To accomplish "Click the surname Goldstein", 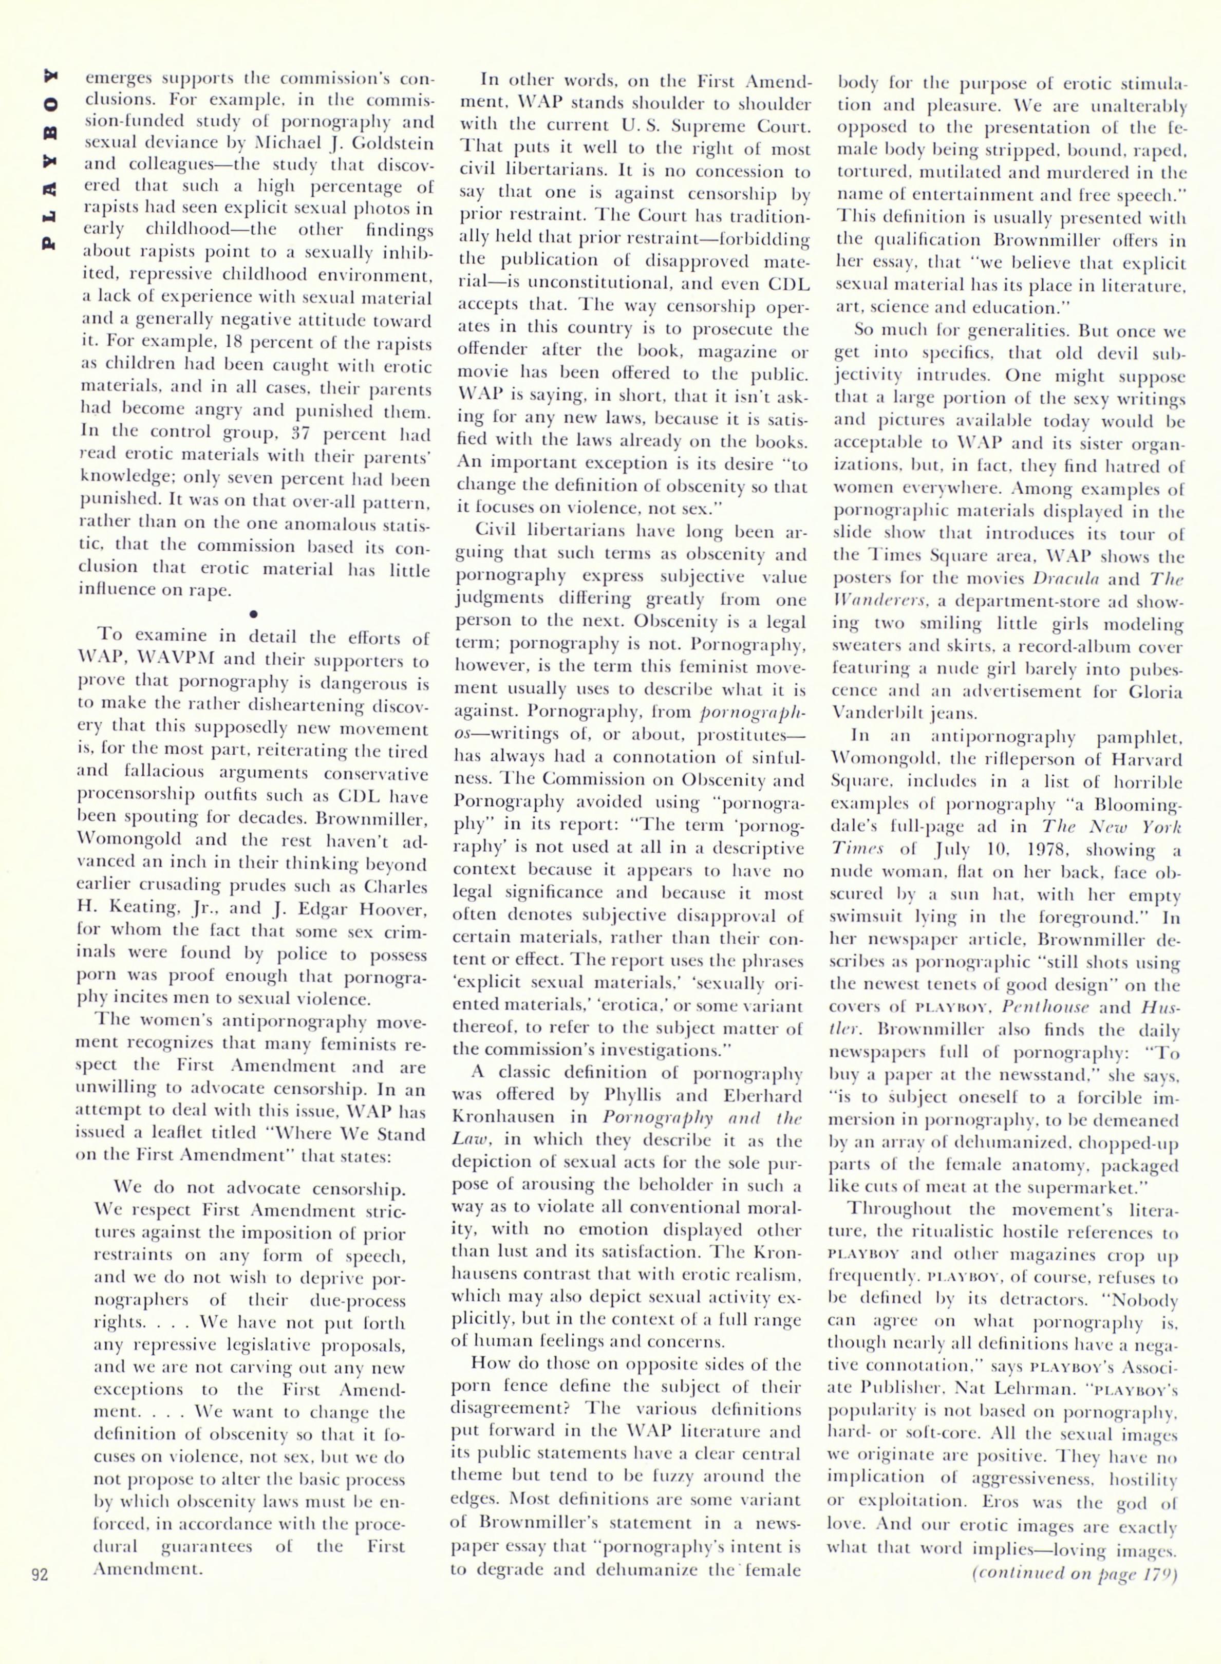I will pyautogui.click(x=381, y=142).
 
